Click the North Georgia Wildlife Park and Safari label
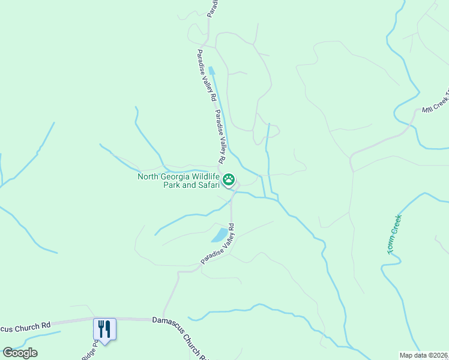[x=178, y=181]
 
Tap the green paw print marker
[x=229, y=179]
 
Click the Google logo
[x=20, y=353]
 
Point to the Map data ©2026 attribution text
[x=424, y=355]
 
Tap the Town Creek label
[x=394, y=234]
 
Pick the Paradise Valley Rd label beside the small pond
[x=218, y=245]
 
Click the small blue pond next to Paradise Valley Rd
[x=220, y=234]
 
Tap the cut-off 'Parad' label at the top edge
[x=211, y=8]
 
